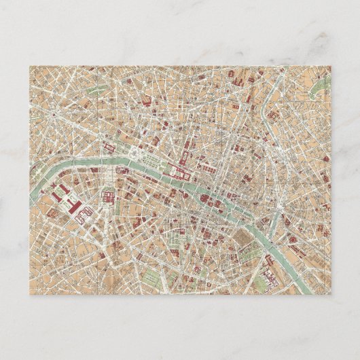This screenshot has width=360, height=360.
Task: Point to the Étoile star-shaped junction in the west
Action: click(51, 115)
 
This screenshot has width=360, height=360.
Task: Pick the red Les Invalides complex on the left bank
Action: click(108, 197)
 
